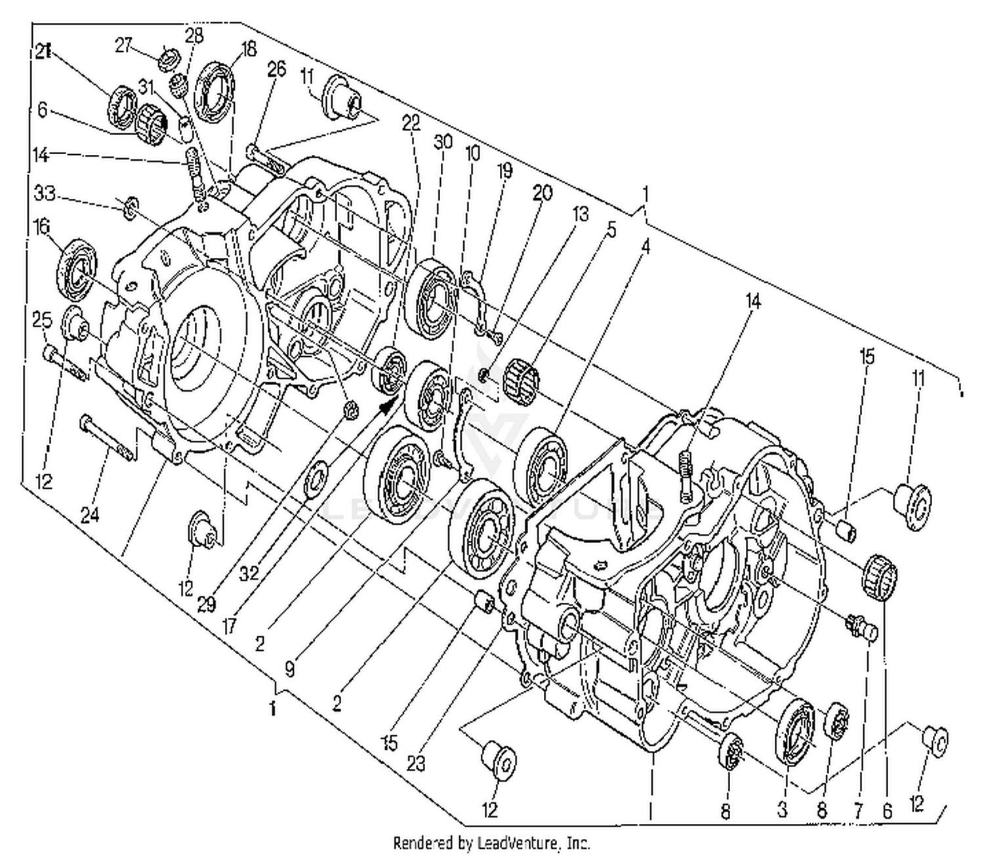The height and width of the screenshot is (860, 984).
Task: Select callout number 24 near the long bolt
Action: tap(90, 515)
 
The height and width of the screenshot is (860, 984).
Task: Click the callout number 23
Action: tap(415, 763)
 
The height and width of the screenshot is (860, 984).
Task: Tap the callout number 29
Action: tap(207, 604)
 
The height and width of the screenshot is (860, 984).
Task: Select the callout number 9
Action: tap(289, 669)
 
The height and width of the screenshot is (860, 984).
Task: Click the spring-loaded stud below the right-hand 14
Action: tap(687, 476)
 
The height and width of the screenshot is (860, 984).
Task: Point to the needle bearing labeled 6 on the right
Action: tap(879, 577)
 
